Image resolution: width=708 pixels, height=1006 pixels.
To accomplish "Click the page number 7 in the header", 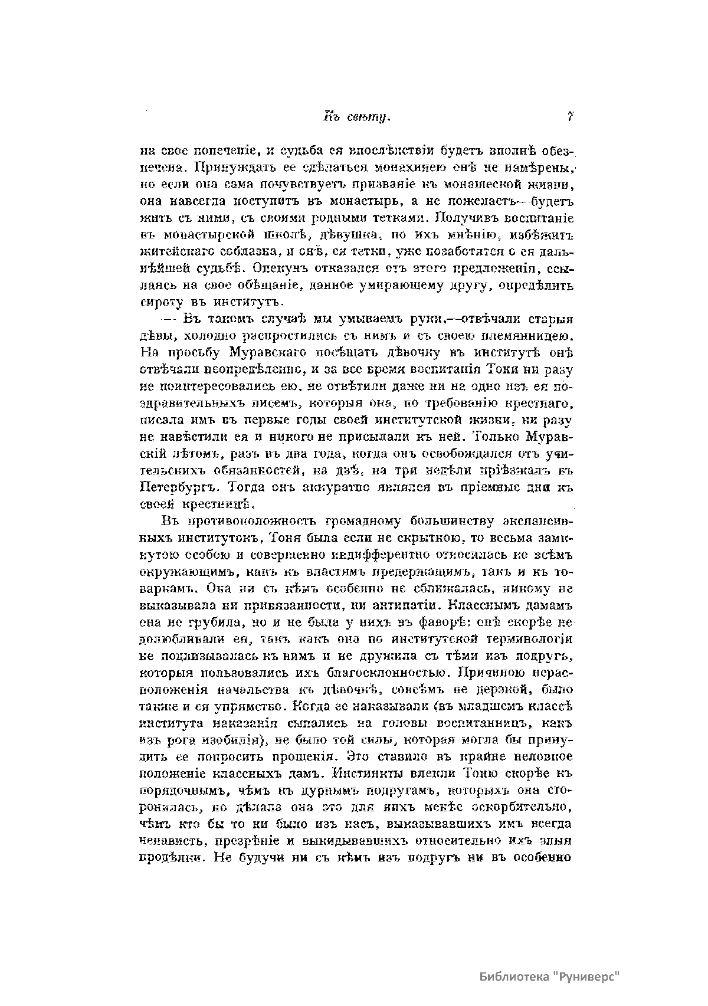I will coord(571,117).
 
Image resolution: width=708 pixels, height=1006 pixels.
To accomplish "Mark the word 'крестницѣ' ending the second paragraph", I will coord(224,505).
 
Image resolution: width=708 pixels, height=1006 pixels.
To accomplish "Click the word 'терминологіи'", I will coord(529,640).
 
